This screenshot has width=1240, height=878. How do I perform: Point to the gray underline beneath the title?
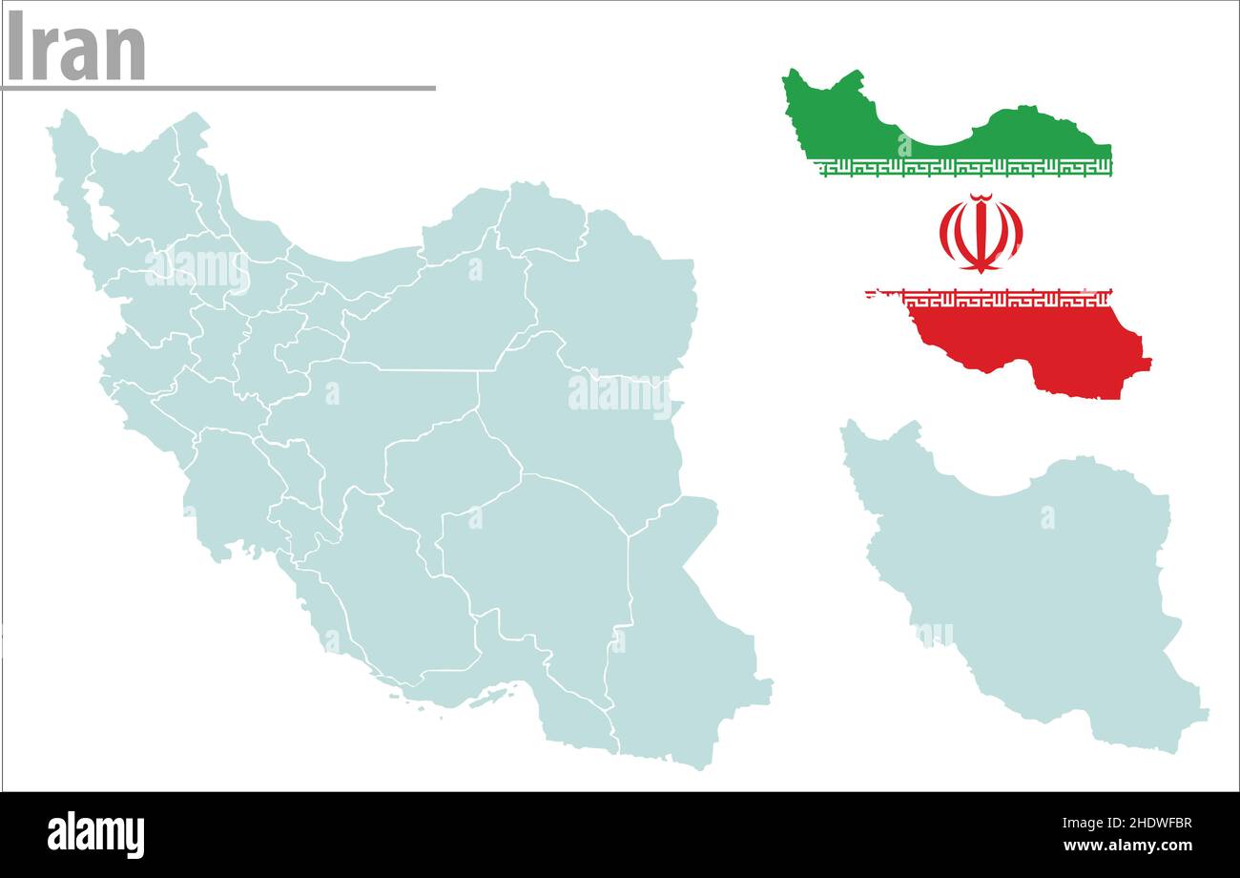[217, 88]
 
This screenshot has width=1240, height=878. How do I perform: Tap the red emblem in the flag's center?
[981, 233]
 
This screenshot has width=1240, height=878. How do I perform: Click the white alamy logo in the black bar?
[96, 834]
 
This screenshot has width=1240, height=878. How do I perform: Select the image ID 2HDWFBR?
[1140, 824]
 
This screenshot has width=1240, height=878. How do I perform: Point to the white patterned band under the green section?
[963, 167]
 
